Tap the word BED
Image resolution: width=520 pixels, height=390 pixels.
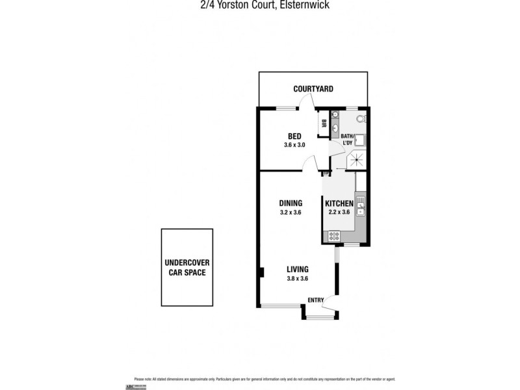click(294, 136)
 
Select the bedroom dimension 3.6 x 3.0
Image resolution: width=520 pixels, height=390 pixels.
click(294, 145)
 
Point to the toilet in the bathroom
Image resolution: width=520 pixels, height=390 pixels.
click(361, 120)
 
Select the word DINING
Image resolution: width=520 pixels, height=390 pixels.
click(291, 203)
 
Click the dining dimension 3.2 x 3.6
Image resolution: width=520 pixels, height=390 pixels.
click(291, 212)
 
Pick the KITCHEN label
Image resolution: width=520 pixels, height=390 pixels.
click(339, 203)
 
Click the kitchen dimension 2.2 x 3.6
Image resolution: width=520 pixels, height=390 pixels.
click(339, 213)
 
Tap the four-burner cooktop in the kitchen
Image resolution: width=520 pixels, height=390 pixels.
click(335, 235)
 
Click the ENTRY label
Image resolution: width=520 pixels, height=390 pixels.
click(315, 300)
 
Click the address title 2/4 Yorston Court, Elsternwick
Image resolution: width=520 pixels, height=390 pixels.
click(260, 5)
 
